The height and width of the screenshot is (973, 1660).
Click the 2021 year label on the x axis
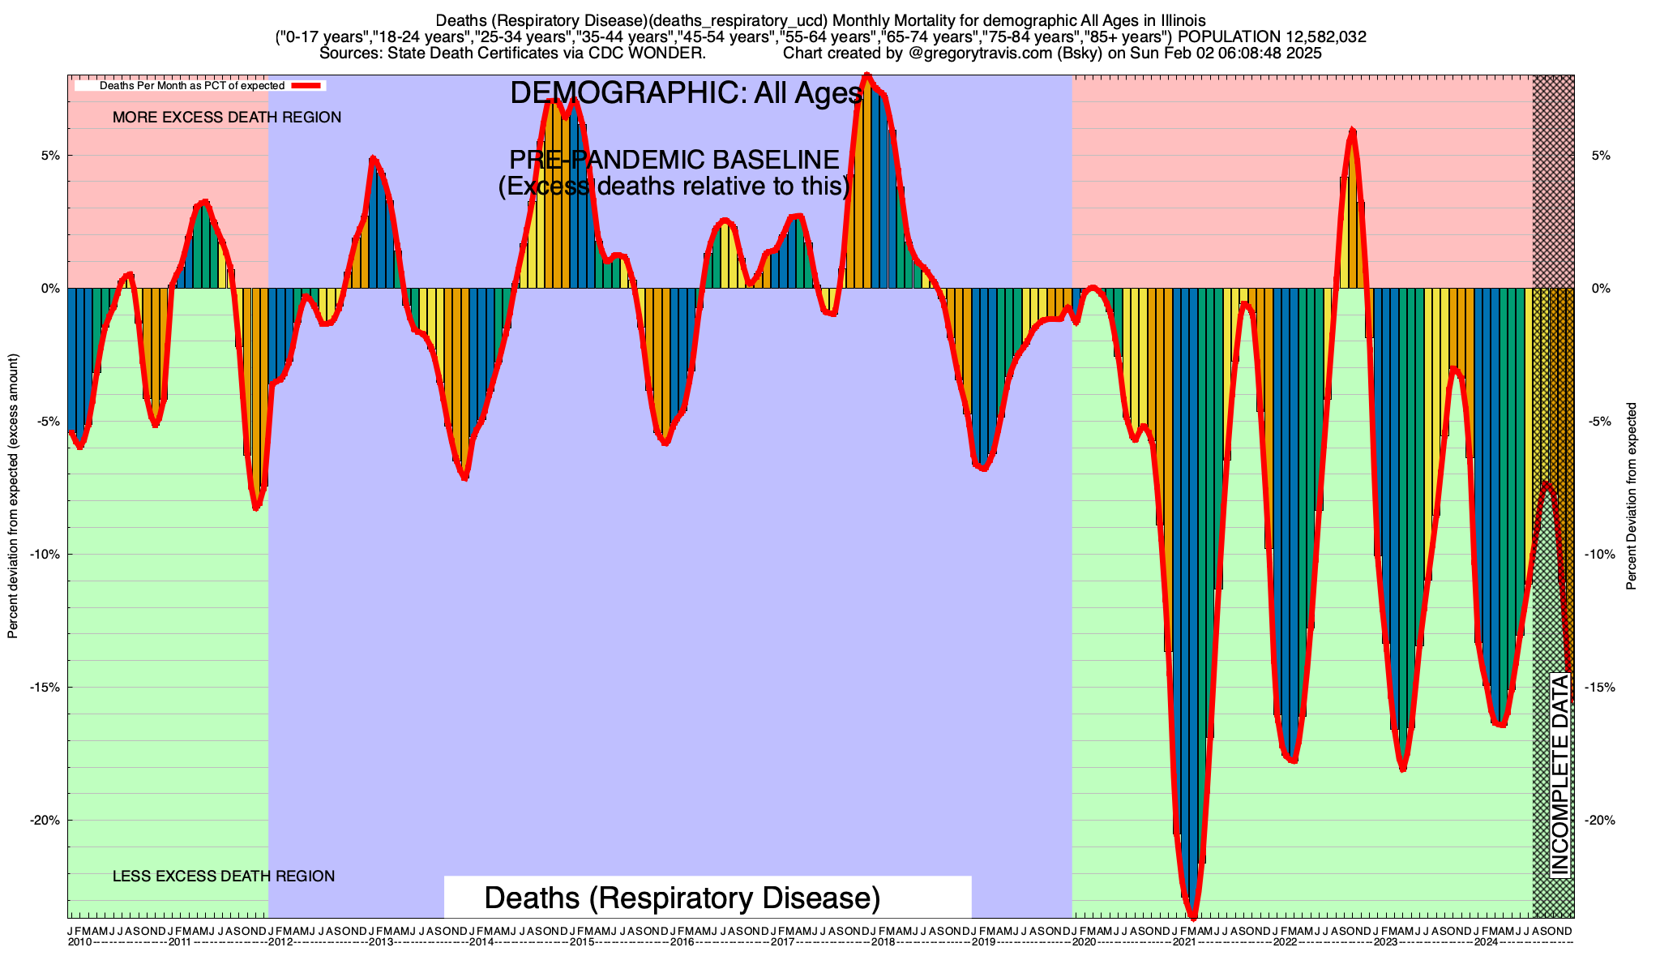(1184, 942)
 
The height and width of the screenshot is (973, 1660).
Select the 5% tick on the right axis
(1600, 156)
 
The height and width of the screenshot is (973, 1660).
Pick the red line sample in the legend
(308, 85)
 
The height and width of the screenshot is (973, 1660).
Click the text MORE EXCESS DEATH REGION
(227, 118)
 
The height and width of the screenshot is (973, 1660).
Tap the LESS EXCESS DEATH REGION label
(224, 877)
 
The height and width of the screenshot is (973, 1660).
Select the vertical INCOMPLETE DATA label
(1559, 774)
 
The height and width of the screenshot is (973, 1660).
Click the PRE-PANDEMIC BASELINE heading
(674, 160)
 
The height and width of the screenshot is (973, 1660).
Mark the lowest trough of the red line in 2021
(1192, 916)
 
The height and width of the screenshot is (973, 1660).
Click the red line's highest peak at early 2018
(867, 75)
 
